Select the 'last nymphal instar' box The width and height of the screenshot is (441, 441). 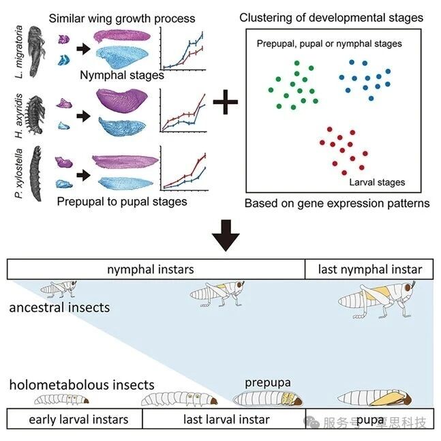(370, 269)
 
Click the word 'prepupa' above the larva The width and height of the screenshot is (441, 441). (267, 382)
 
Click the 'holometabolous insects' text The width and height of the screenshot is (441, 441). (82, 386)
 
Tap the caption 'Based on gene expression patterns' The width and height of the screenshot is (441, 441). (337, 203)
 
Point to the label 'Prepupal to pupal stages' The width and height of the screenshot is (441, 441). (121, 202)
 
